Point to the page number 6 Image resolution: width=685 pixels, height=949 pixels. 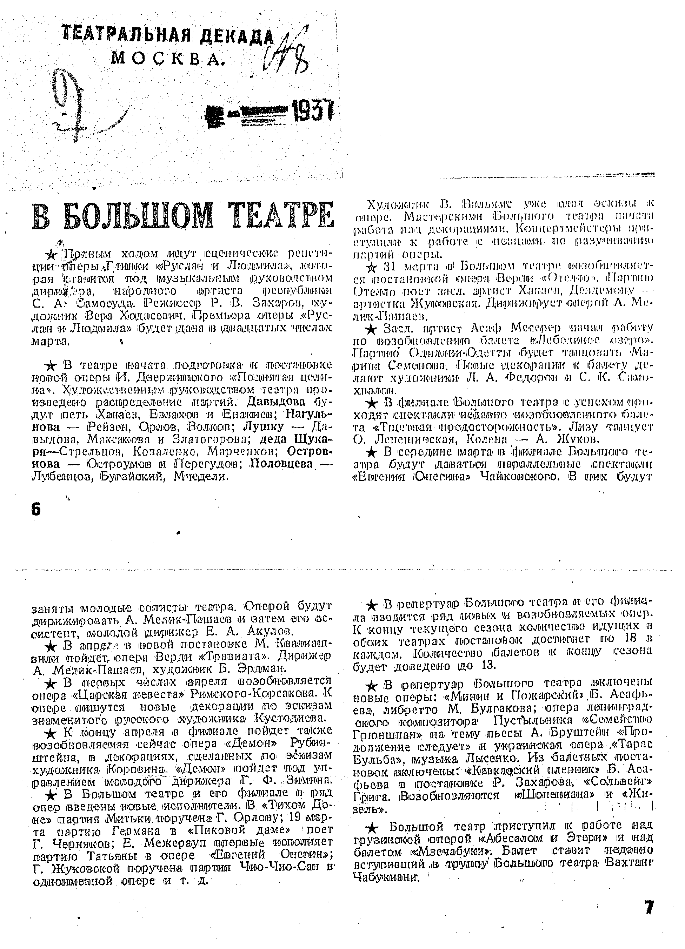[36, 509]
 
